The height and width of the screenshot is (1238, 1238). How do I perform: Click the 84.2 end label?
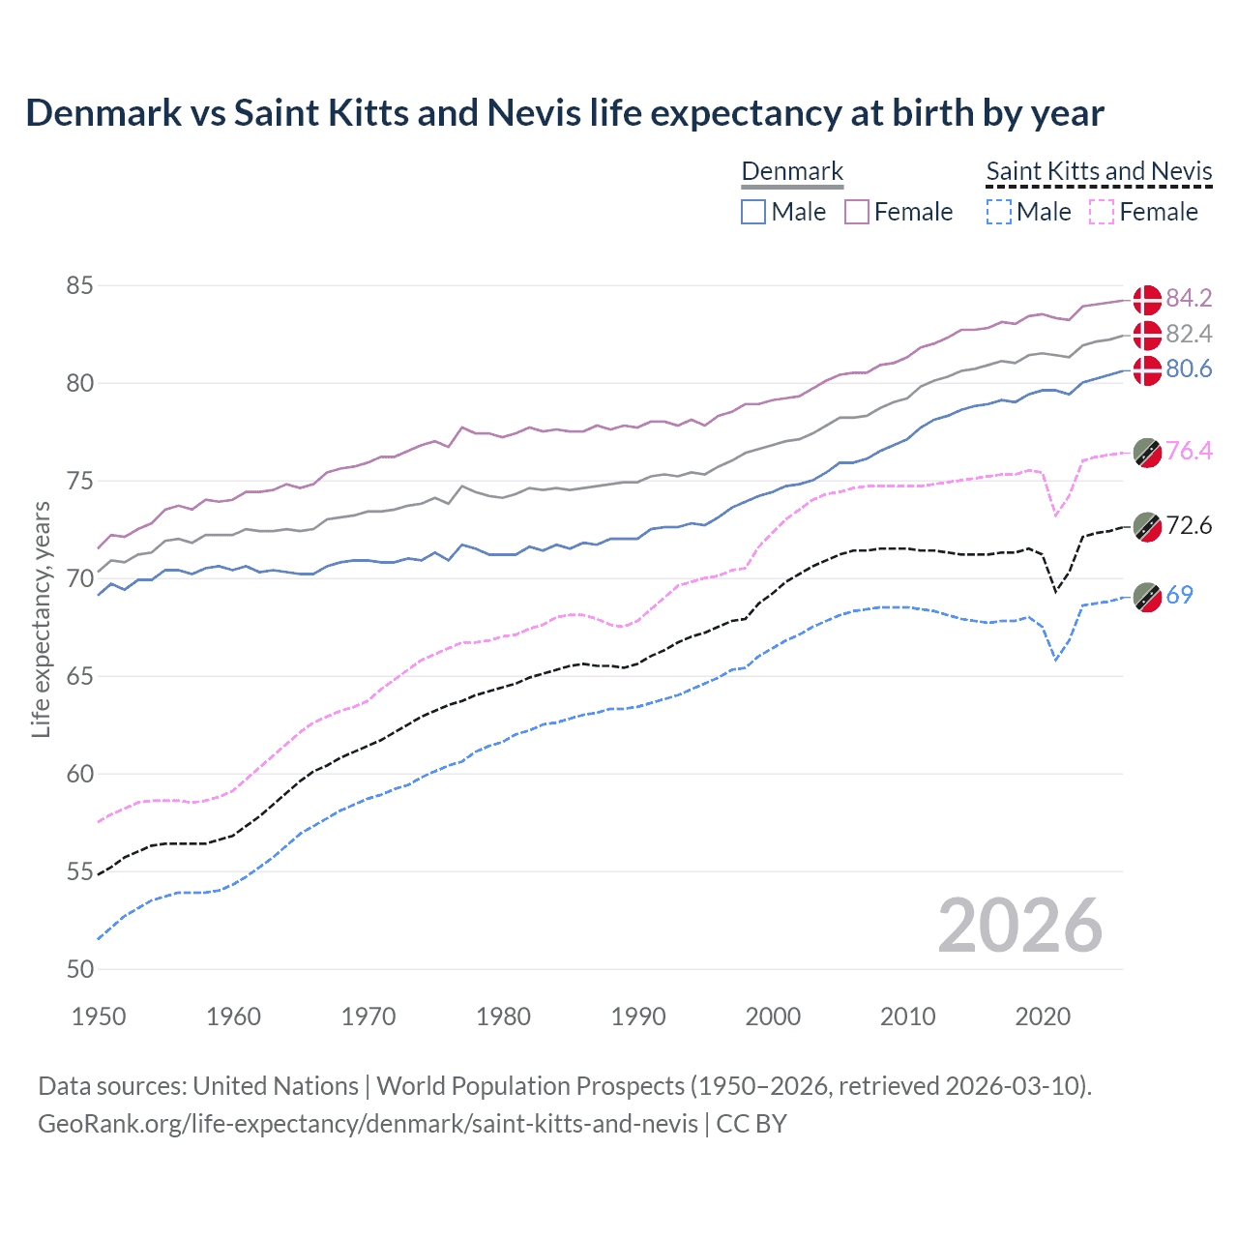tap(1189, 298)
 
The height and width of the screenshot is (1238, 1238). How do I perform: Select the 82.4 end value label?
tap(1189, 334)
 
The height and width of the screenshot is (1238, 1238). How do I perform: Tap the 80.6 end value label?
tap(1189, 368)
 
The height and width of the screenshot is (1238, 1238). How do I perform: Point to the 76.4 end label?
tap(1189, 451)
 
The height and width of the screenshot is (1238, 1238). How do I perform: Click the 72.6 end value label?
tap(1189, 525)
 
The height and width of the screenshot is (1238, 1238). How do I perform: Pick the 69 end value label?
tap(1179, 595)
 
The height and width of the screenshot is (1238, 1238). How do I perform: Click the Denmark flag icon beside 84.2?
tap(1147, 300)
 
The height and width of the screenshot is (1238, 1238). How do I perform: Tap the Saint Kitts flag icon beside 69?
tap(1147, 597)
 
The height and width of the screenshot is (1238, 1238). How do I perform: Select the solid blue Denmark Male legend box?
tap(753, 212)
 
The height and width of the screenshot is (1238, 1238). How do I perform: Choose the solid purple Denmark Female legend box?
tap(857, 212)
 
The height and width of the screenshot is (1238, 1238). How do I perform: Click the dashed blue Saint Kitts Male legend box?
tap(998, 212)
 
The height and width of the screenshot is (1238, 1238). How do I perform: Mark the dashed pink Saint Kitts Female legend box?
tap(1102, 212)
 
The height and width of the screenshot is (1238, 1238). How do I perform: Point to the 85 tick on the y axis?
tap(80, 285)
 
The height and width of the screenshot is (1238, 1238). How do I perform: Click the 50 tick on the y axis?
tap(80, 969)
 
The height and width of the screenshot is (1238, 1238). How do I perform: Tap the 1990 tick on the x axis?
tap(638, 1017)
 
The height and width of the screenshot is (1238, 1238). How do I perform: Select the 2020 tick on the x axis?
tap(1043, 1017)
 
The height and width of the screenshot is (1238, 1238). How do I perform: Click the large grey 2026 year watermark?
tap(1019, 926)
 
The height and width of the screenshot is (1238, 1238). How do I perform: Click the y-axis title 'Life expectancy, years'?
tap(41, 619)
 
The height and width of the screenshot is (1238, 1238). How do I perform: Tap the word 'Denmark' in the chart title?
tap(103, 113)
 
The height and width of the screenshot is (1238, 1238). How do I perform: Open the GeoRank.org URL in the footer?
tap(368, 1124)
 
